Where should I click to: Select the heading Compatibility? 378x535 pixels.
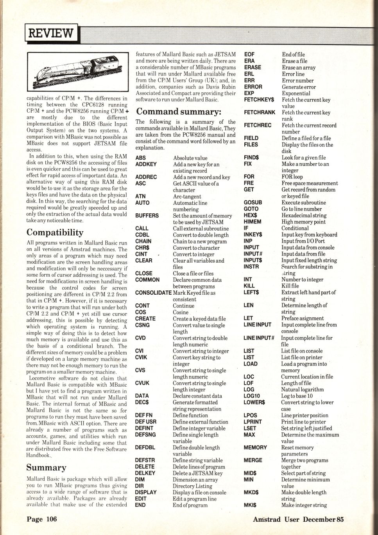pos(55,233)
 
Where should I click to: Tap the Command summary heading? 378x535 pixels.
pos(179,112)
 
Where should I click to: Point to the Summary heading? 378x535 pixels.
pos(46,468)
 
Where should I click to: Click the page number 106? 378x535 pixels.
pos(42,519)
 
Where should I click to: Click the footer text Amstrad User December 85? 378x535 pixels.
pos(298,519)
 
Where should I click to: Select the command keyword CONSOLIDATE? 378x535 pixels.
pos(153,293)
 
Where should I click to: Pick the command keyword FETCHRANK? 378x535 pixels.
pos(259,112)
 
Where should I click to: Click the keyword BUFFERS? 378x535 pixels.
pos(147,216)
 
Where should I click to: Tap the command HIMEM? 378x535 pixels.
pos(252,222)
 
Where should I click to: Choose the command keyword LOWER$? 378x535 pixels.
pos(254,402)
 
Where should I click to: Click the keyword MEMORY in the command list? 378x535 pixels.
pos(255,447)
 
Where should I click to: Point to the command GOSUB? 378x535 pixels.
pos(253,202)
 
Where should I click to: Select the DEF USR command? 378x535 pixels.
pos(145,422)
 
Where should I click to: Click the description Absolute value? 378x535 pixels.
pos(190,158)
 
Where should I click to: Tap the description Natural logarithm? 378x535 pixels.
pos(302,389)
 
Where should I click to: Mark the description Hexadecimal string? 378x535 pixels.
pos(304,215)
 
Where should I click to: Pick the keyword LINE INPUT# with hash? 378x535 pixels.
pos(258,338)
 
